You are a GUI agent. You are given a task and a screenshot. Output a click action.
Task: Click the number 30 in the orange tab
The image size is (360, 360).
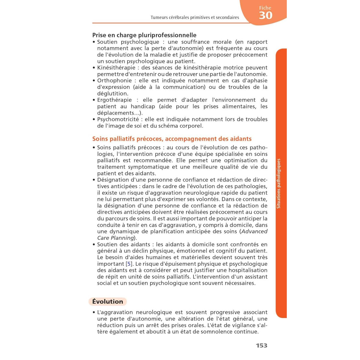point(265,15)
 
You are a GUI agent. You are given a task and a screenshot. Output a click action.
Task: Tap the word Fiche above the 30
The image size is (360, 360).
point(265,8)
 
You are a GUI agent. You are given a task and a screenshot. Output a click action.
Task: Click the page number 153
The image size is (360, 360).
point(261,346)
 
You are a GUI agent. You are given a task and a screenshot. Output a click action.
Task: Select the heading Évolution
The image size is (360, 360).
point(108,301)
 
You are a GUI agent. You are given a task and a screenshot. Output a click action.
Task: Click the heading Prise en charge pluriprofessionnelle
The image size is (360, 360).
point(144,35)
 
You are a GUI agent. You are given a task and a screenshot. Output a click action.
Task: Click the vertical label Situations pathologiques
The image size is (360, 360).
point(278,184)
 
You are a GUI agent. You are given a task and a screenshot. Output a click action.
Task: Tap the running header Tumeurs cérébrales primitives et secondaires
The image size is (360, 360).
point(195,17)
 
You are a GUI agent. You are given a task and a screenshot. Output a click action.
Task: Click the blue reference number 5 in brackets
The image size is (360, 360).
point(129,264)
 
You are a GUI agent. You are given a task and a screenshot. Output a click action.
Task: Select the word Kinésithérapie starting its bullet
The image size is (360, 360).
point(114,68)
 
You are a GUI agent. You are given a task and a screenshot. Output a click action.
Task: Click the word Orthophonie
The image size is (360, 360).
point(114,81)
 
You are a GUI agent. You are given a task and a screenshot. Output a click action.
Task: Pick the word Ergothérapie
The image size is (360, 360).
point(114,100)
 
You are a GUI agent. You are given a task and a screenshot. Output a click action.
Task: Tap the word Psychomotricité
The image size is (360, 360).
point(118,119)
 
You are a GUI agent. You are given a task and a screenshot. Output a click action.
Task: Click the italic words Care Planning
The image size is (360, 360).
point(115,238)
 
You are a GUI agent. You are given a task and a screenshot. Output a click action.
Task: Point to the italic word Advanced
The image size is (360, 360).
point(254,232)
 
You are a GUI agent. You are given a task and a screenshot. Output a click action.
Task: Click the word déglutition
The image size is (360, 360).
point(112,94)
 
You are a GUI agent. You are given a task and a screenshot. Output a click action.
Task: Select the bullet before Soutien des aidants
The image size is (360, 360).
point(94,244)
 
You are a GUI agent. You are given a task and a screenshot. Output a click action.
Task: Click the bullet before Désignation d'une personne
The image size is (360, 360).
point(94,180)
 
